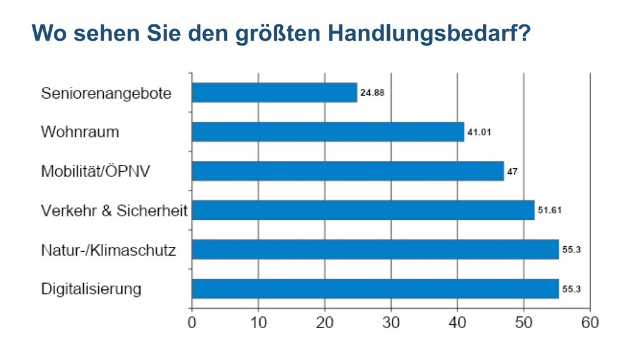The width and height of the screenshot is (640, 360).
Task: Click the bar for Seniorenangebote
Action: pyautogui.click(x=274, y=92)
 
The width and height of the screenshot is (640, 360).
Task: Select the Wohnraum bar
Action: pyautogui.click(x=327, y=132)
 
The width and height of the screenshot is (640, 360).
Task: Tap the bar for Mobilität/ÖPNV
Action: pyautogui.click(x=347, y=171)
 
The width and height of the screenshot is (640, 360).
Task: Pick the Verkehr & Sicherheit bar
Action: pyautogui.click(x=362, y=210)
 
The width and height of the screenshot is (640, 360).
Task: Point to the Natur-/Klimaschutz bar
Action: pyautogui.click(x=375, y=249)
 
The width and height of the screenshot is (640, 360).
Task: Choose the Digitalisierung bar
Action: pyautogui.click(x=375, y=289)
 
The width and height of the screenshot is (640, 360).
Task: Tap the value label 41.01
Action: pyautogui.click(x=478, y=132)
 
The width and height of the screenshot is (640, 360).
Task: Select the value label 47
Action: pyautogui.click(x=512, y=171)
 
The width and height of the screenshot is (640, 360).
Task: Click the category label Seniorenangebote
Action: pyautogui.click(x=106, y=94)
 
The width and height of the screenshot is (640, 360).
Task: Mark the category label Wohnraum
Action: pyautogui.click(x=80, y=132)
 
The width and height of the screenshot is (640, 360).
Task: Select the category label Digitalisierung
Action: pyautogui.click(x=91, y=289)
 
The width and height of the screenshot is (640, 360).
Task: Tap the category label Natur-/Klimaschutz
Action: pyautogui.click(x=108, y=251)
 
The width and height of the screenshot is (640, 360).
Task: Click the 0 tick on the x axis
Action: pyautogui.click(x=192, y=323)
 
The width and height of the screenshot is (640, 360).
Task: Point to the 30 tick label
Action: pyautogui.click(x=391, y=323)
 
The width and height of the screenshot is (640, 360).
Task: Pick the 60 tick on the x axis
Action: pyautogui.click(x=589, y=323)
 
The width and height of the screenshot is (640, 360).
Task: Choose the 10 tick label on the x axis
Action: pyautogui.click(x=258, y=323)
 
